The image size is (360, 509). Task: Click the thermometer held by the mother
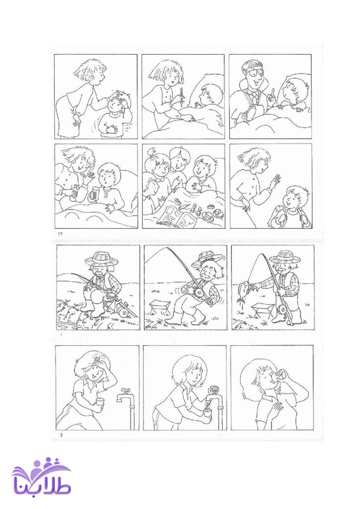click(182, 96)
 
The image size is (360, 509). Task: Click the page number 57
click(60, 233)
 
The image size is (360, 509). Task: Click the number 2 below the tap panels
click(61, 435)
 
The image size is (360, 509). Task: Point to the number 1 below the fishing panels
click(60, 333)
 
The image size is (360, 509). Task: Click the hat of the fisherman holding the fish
click(285, 257)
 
